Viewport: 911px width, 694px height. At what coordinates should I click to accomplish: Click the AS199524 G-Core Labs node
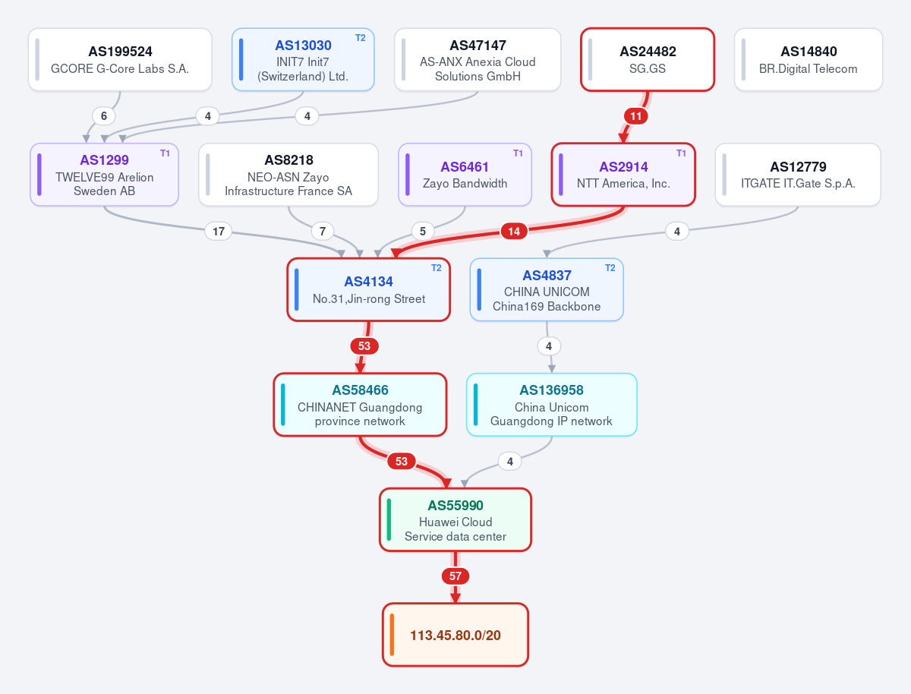point(120,59)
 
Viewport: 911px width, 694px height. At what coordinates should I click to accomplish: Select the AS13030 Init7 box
point(303,59)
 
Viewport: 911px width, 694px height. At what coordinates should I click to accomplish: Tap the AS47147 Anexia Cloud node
point(478,59)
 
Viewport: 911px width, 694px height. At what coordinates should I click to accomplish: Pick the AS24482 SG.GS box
point(648,59)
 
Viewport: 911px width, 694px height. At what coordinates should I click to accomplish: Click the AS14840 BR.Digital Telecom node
point(808,59)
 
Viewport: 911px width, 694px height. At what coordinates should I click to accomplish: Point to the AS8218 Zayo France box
point(288,175)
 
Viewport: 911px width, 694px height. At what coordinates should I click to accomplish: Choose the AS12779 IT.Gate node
point(798,175)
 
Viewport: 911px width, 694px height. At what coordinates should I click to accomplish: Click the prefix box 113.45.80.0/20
point(455,635)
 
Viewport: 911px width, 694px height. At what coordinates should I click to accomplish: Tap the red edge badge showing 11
point(636,116)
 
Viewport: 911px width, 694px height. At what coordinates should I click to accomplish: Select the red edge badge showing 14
point(514,231)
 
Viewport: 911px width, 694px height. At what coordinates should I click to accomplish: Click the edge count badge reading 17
point(219,231)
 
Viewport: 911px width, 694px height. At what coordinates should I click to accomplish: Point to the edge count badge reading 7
point(323,231)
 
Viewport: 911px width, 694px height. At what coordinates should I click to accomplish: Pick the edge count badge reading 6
point(104,116)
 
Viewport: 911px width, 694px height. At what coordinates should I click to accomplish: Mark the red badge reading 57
point(455,576)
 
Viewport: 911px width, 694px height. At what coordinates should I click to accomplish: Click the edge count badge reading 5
point(423,231)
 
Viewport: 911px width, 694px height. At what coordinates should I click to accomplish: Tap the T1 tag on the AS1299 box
point(165,153)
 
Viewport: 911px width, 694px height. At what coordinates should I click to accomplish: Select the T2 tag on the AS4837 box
point(610,268)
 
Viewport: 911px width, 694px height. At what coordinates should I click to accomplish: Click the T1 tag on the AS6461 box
point(518,153)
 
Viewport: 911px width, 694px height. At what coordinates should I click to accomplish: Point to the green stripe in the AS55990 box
point(389,519)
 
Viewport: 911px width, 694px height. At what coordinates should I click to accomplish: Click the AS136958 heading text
point(551,390)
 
